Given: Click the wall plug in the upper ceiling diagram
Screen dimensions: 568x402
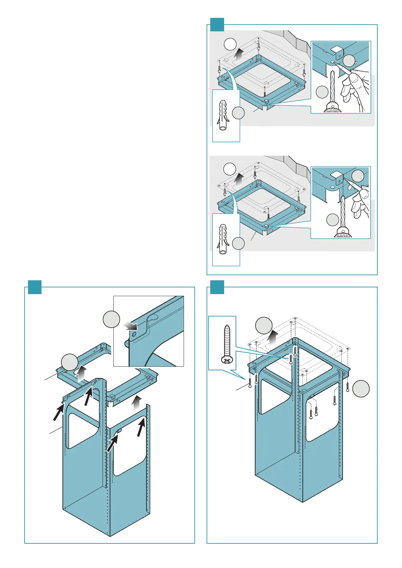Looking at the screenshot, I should (x=223, y=115).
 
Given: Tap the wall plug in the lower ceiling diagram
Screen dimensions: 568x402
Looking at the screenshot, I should (x=223, y=239).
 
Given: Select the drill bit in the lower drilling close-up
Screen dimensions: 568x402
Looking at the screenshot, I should (x=343, y=211).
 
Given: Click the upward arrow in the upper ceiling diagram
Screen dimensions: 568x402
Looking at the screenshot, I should (x=239, y=55).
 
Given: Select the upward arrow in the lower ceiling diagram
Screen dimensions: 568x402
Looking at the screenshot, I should (x=239, y=179).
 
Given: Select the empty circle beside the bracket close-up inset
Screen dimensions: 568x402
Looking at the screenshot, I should (x=111, y=319).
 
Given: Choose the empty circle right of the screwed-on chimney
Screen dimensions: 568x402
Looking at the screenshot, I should (x=361, y=389).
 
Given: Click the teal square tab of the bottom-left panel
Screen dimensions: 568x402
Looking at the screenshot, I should (x=34, y=287).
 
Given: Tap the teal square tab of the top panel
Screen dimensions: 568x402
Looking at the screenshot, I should (x=217, y=25).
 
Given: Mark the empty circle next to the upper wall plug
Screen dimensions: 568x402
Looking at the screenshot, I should (x=239, y=113).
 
